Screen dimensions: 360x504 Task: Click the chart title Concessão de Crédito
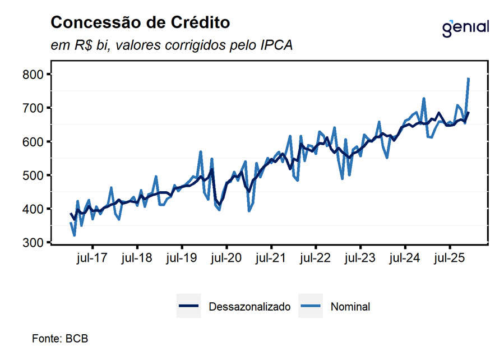pyautogui.click(x=140, y=22)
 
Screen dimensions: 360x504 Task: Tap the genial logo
pyautogui.click(x=465, y=27)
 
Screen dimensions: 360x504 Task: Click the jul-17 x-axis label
pyautogui.click(x=92, y=259)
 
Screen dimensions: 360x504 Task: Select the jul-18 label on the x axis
pyautogui.click(x=137, y=259)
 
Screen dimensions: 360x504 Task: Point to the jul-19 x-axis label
pyautogui.click(x=182, y=259)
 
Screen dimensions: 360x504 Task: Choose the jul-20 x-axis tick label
pyautogui.click(x=226, y=259)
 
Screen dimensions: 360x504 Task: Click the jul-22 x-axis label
pyautogui.click(x=316, y=259)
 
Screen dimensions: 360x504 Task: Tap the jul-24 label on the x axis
pyautogui.click(x=405, y=259)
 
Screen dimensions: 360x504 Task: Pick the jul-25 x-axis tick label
pyautogui.click(x=450, y=259)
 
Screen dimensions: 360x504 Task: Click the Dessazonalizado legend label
pyautogui.click(x=249, y=307)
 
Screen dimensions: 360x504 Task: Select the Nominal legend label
pyautogui.click(x=350, y=307)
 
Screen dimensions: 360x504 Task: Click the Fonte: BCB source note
pyautogui.click(x=60, y=339)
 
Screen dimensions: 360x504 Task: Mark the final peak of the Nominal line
pyautogui.click(x=468, y=79)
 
